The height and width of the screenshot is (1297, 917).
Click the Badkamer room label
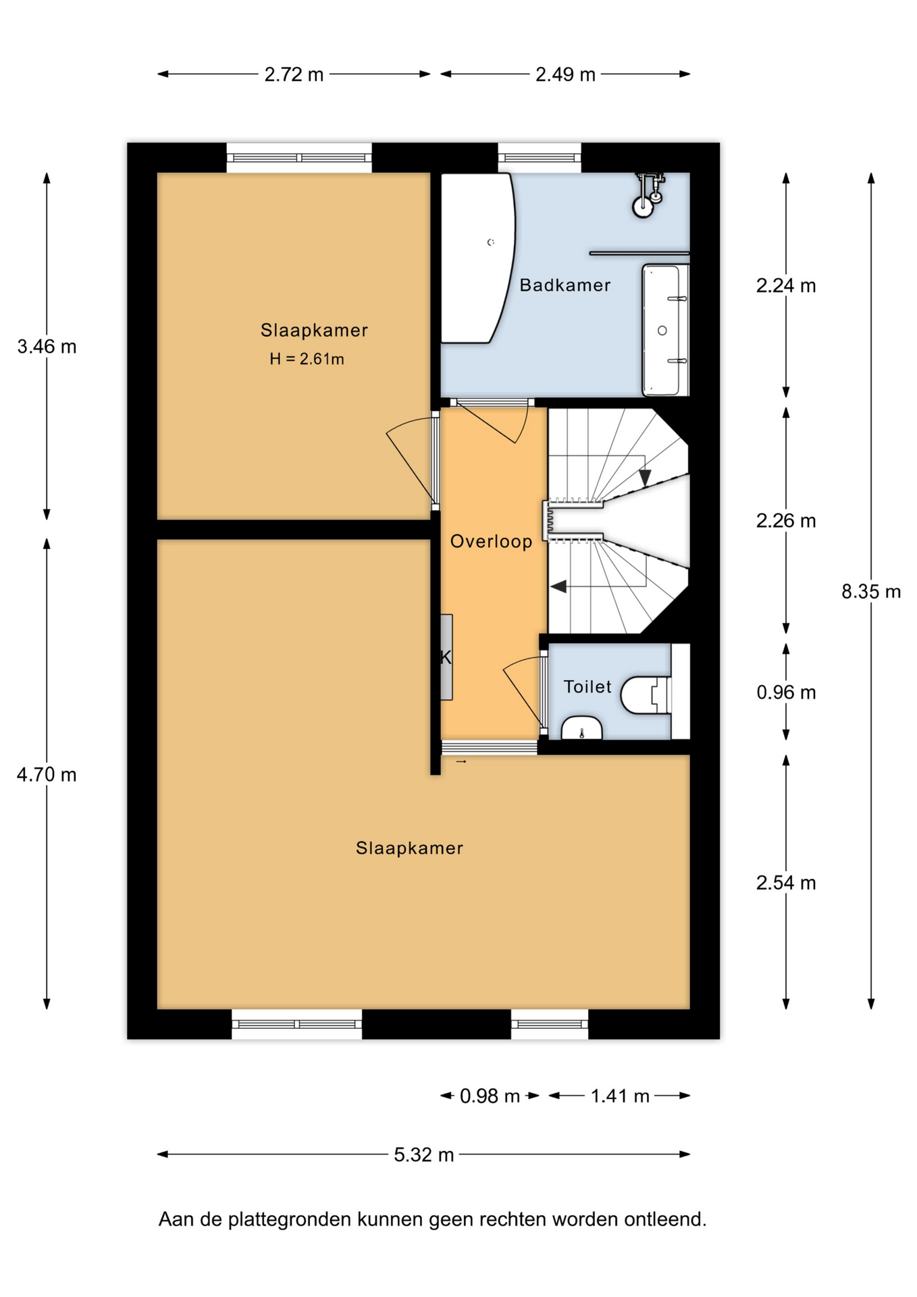565,285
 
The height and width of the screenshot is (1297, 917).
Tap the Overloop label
491,541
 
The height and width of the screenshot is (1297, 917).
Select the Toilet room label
587,686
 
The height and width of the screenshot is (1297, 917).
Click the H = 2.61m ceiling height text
307,359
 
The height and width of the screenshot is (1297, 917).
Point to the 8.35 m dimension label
871,592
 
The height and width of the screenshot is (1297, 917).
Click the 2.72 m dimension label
294,74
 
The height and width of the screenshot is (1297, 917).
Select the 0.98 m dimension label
490,1096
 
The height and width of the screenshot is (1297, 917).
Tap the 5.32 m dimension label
423,1154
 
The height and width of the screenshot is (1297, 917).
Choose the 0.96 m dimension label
786,692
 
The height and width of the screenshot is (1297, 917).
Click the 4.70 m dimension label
47,775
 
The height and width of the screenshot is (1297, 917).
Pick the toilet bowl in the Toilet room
646,695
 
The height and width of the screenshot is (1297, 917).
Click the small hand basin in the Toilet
581,728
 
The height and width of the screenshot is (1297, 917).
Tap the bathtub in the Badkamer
477,258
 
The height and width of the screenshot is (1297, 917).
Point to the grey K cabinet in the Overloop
446,657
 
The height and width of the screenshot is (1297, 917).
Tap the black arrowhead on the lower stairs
559,586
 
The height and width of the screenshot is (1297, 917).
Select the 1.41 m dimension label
620,1096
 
